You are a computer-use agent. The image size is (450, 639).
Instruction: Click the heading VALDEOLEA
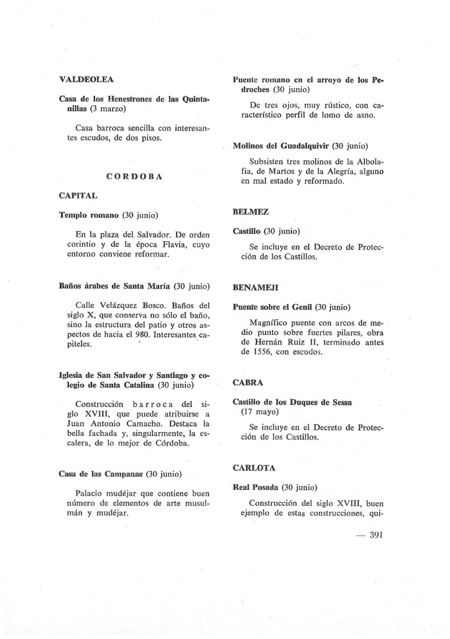click(86, 80)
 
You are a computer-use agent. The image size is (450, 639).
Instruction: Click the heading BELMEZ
click(250, 212)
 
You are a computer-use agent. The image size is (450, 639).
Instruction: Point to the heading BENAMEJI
click(255, 287)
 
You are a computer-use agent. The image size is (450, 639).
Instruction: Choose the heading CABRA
click(248, 382)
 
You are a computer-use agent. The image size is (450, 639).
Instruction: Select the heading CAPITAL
click(78, 195)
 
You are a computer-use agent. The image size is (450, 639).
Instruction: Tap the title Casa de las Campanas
click(101, 474)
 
